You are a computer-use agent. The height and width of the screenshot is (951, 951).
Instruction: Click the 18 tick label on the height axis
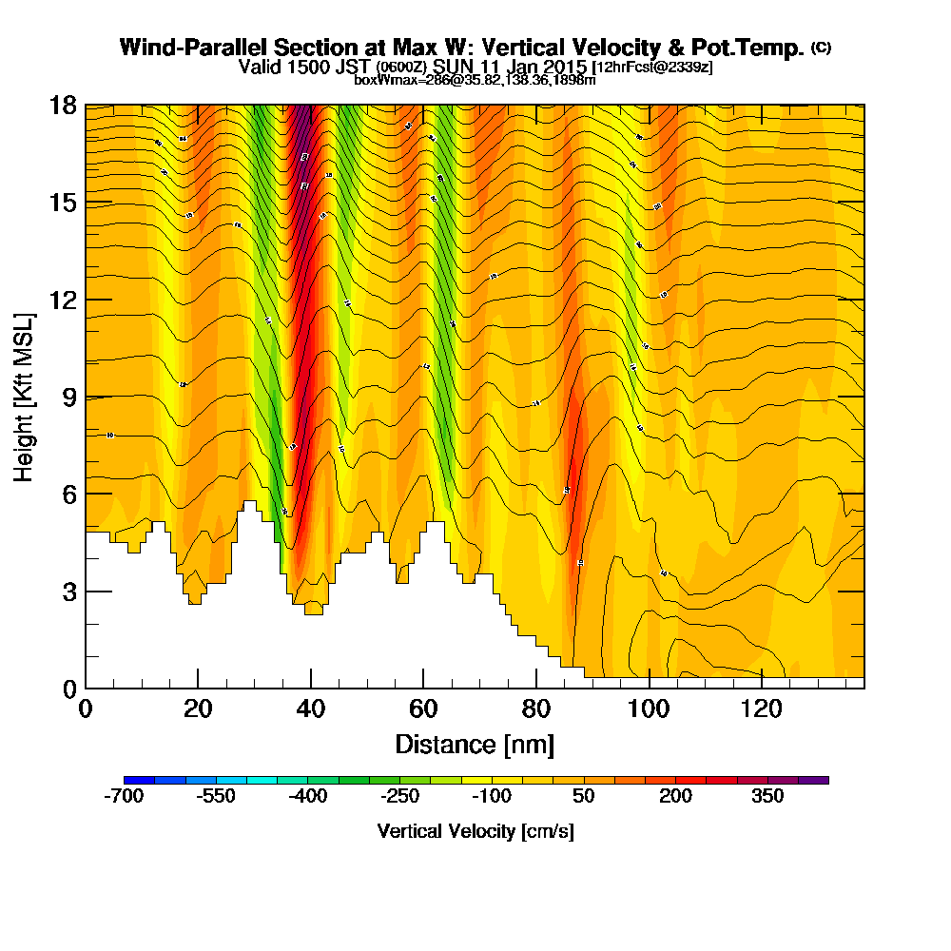click(63, 106)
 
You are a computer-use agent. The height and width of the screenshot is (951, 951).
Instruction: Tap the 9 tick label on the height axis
click(69, 397)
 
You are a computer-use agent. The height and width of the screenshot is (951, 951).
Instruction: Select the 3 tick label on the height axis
click(69, 592)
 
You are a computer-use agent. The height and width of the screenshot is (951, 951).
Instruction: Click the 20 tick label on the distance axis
click(198, 709)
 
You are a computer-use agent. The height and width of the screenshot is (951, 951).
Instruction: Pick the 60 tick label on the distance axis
click(423, 709)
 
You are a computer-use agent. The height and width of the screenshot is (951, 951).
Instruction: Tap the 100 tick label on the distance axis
click(649, 709)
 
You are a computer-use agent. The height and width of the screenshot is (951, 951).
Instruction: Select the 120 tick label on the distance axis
click(761, 709)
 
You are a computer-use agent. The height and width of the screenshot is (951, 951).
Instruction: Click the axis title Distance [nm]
click(475, 744)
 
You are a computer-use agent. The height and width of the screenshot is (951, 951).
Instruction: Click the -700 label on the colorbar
click(124, 796)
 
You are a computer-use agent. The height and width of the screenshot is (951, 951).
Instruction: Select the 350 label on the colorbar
click(767, 796)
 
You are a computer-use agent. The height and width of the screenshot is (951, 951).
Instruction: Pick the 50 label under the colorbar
click(584, 796)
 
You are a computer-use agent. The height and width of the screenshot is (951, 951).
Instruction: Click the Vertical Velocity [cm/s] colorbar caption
click(475, 831)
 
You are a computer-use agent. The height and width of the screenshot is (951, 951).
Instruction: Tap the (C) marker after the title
click(821, 47)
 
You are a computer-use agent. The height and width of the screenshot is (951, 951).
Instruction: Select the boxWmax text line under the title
click(475, 80)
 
